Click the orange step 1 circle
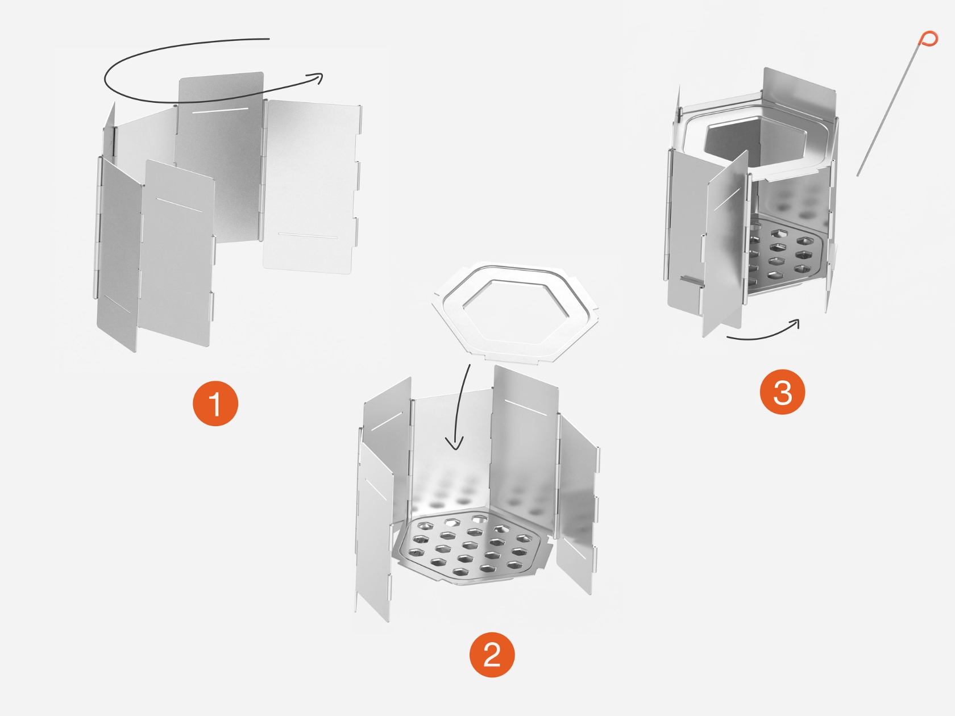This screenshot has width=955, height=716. [215, 403]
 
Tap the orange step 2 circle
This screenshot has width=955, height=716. [492, 655]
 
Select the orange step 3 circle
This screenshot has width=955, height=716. [782, 392]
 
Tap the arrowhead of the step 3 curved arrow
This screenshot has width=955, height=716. [794, 324]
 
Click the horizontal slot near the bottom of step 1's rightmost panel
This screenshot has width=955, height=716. [308, 236]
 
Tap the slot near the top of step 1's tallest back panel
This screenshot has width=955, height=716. [220, 110]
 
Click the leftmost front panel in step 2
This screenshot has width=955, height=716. [374, 530]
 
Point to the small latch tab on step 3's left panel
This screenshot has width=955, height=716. [691, 280]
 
